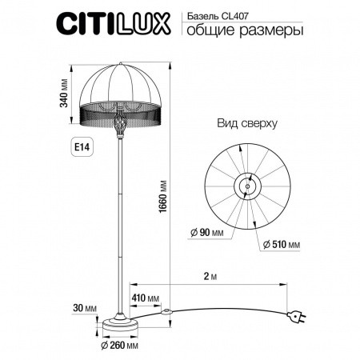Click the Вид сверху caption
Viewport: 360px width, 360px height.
[246, 124]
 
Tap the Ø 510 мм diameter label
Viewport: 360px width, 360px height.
[279, 243]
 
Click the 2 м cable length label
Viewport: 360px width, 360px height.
[210, 276]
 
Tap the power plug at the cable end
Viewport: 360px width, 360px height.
[295, 318]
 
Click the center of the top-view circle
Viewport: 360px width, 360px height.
[246, 186]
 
